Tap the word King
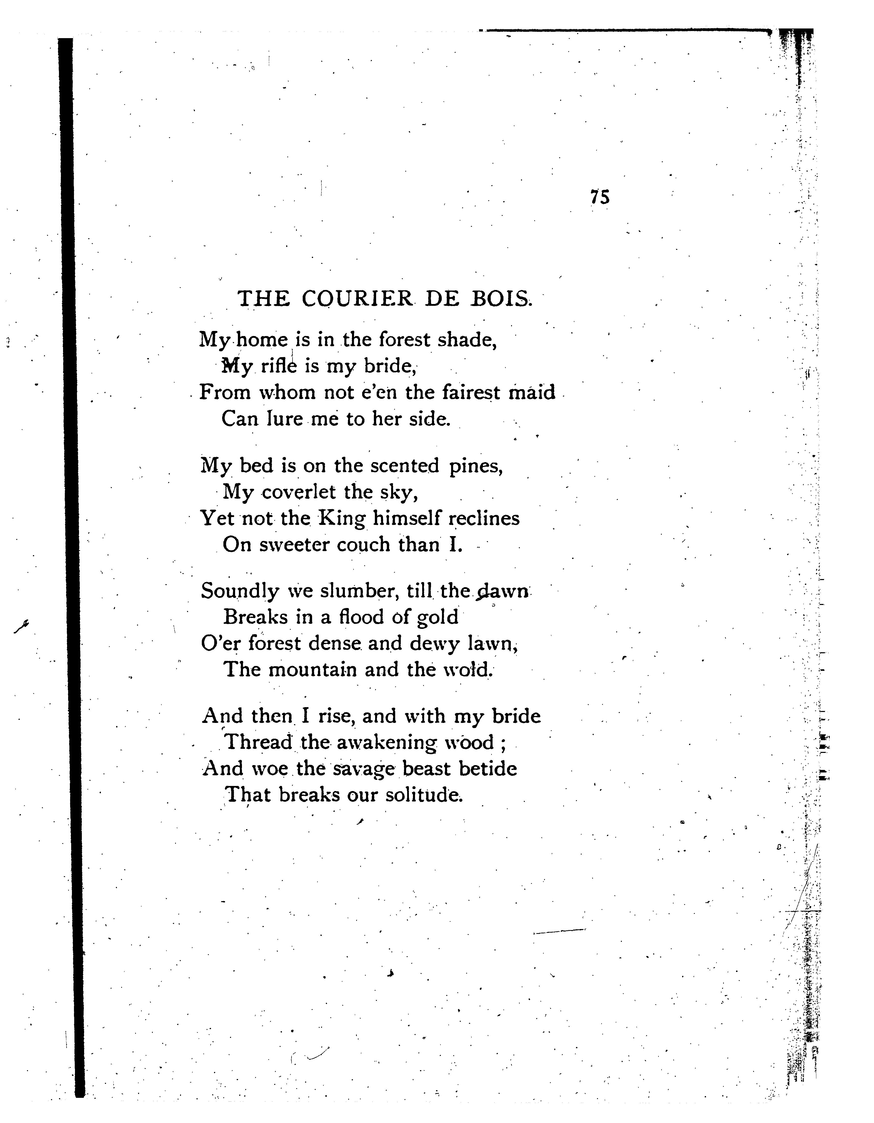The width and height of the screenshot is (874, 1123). (x=341, y=518)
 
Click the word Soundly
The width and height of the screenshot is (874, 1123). (x=240, y=591)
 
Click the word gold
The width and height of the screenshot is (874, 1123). (x=437, y=617)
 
